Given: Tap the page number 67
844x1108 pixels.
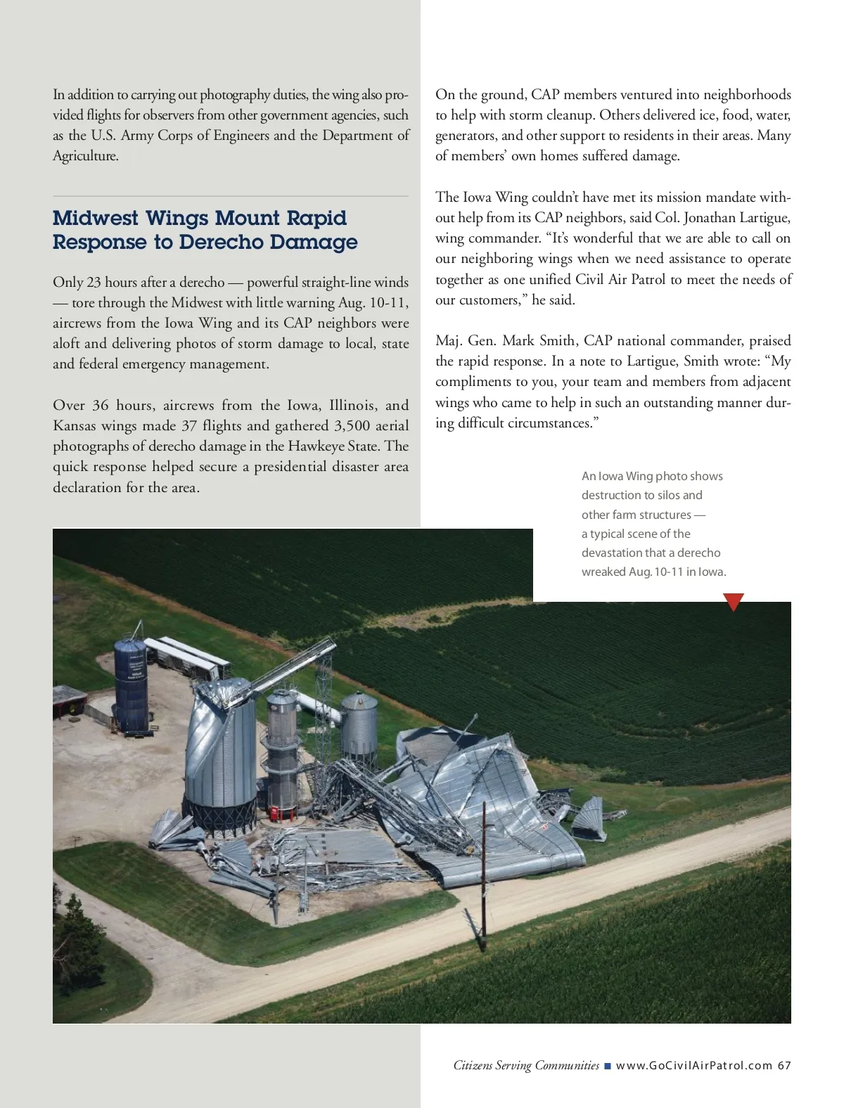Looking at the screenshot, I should pyautogui.click(x=784, y=1065).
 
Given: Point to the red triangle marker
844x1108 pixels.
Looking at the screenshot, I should pyautogui.click(x=733, y=602).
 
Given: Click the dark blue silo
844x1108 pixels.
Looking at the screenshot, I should pyautogui.click(x=131, y=685).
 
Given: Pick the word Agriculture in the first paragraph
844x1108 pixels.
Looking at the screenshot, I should pyautogui.click(x=85, y=155).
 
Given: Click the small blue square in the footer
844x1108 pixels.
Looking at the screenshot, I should pyautogui.click(x=608, y=1066).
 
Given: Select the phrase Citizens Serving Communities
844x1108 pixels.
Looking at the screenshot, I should pyautogui.click(x=526, y=1065).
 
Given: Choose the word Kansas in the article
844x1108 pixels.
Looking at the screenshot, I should pyautogui.click(x=74, y=425).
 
